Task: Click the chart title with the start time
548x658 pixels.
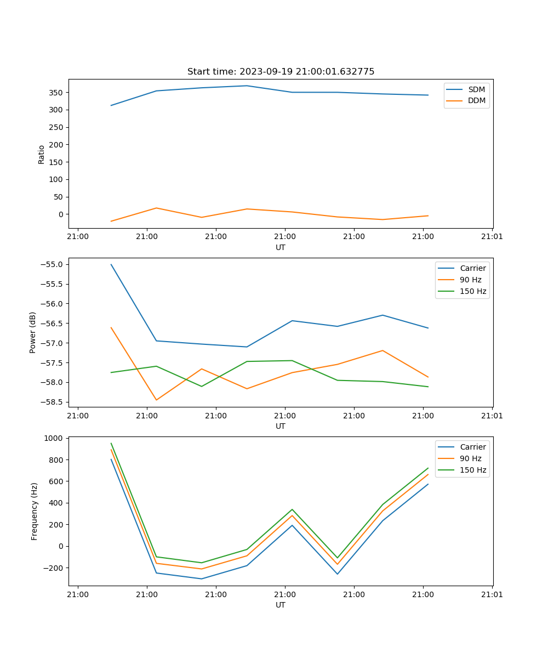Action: click(x=281, y=72)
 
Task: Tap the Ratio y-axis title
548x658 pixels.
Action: click(x=42, y=154)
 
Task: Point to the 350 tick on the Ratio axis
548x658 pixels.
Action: click(x=57, y=93)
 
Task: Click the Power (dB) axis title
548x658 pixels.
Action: click(x=33, y=332)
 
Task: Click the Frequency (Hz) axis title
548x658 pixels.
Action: click(x=35, y=511)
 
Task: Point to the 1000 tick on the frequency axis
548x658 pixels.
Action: click(x=55, y=438)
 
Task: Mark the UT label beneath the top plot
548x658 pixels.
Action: click(x=281, y=247)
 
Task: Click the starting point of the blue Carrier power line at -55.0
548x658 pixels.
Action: click(x=111, y=264)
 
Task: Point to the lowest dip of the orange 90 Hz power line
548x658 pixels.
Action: click(x=156, y=400)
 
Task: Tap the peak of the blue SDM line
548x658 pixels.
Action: click(x=247, y=86)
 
